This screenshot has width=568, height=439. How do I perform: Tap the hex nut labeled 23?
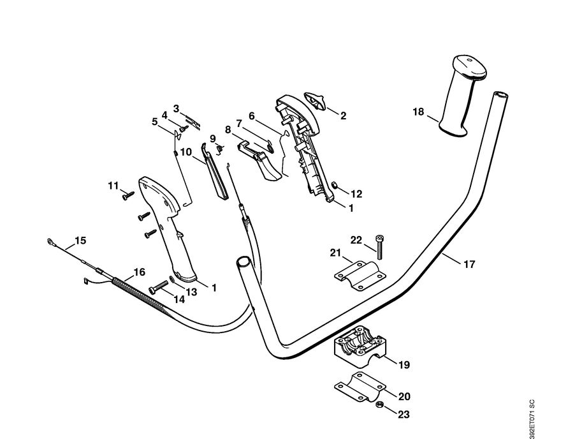[x=378, y=406]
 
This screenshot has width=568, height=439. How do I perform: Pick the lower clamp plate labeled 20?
[x=360, y=387]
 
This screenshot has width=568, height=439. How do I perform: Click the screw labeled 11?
[x=127, y=196]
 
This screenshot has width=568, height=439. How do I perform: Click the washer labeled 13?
[x=172, y=279]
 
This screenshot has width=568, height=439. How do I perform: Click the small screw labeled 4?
[x=182, y=128]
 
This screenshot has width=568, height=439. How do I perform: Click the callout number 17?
[x=469, y=264]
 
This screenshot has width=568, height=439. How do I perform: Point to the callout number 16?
[x=138, y=271]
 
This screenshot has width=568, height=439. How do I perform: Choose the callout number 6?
[x=251, y=116]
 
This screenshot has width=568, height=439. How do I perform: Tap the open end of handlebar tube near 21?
[x=243, y=262]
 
